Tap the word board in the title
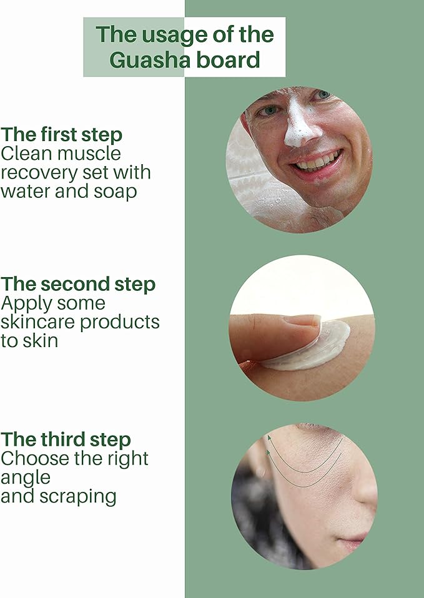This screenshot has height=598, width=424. pyautogui.click(x=228, y=60)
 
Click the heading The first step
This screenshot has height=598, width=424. pyautogui.click(x=61, y=135)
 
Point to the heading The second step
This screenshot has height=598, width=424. pyautogui.click(x=78, y=284)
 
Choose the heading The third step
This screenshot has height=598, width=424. pyautogui.click(x=66, y=439)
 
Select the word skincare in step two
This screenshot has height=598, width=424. pyautogui.click(x=39, y=322)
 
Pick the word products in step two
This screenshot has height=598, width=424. pyautogui.click(x=120, y=323)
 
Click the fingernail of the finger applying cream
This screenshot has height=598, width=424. pyautogui.click(x=303, y=320)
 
